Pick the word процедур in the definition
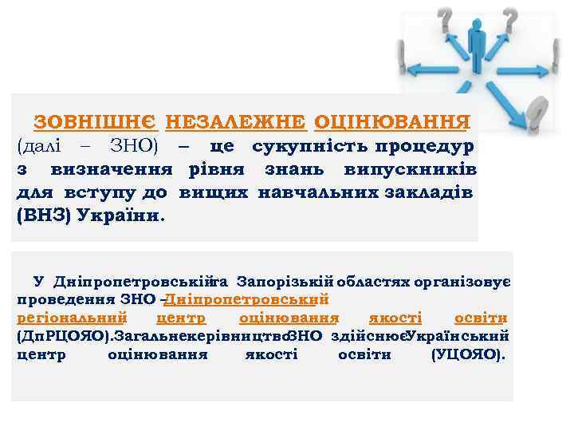pyautogui.click(x=423, y=147)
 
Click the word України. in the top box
pyautogui.click(x=120, y=216)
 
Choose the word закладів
pyautogui.click(x=430, y=193)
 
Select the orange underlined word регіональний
pyautogui.click(x=72, y=318)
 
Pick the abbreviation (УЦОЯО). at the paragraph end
pyautogui.click(x=467, y=354)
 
